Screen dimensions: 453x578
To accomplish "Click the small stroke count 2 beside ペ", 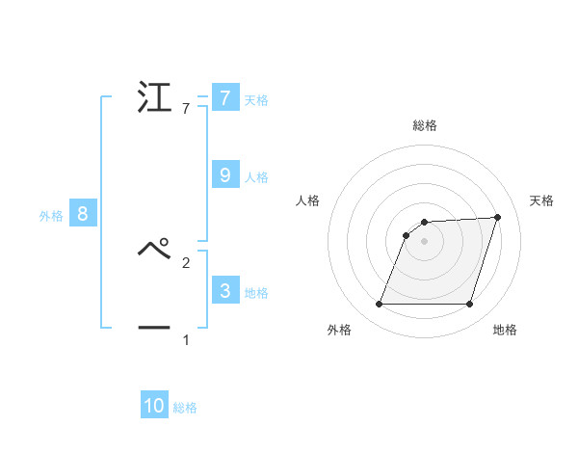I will coord(186,261).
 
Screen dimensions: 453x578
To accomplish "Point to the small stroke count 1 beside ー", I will coord(186,340).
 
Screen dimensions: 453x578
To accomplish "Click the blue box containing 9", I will coord(224,174).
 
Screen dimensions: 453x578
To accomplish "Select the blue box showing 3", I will coord(224,290).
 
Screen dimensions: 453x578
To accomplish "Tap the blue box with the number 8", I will coord(83,214).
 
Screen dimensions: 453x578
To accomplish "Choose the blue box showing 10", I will coord(154,406).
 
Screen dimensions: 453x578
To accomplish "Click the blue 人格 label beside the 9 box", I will coord(256,177).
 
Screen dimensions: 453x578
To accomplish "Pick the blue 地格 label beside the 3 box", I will coord(256,293).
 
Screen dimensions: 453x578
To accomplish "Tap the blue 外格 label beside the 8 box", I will coord(51,217).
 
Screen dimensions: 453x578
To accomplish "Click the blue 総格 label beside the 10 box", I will coord(185,409).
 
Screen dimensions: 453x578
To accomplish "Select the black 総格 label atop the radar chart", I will coord(425,125).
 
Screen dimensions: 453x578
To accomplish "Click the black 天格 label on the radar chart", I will coord(542,200).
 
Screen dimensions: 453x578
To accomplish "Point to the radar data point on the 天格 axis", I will coord(498,217).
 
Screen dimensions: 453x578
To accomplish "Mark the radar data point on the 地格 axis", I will coord(470,305).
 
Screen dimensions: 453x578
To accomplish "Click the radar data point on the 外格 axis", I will coord(380,305).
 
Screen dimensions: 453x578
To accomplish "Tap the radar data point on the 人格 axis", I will coord(407,235).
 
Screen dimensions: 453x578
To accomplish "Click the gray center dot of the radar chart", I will coord(425,241).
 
